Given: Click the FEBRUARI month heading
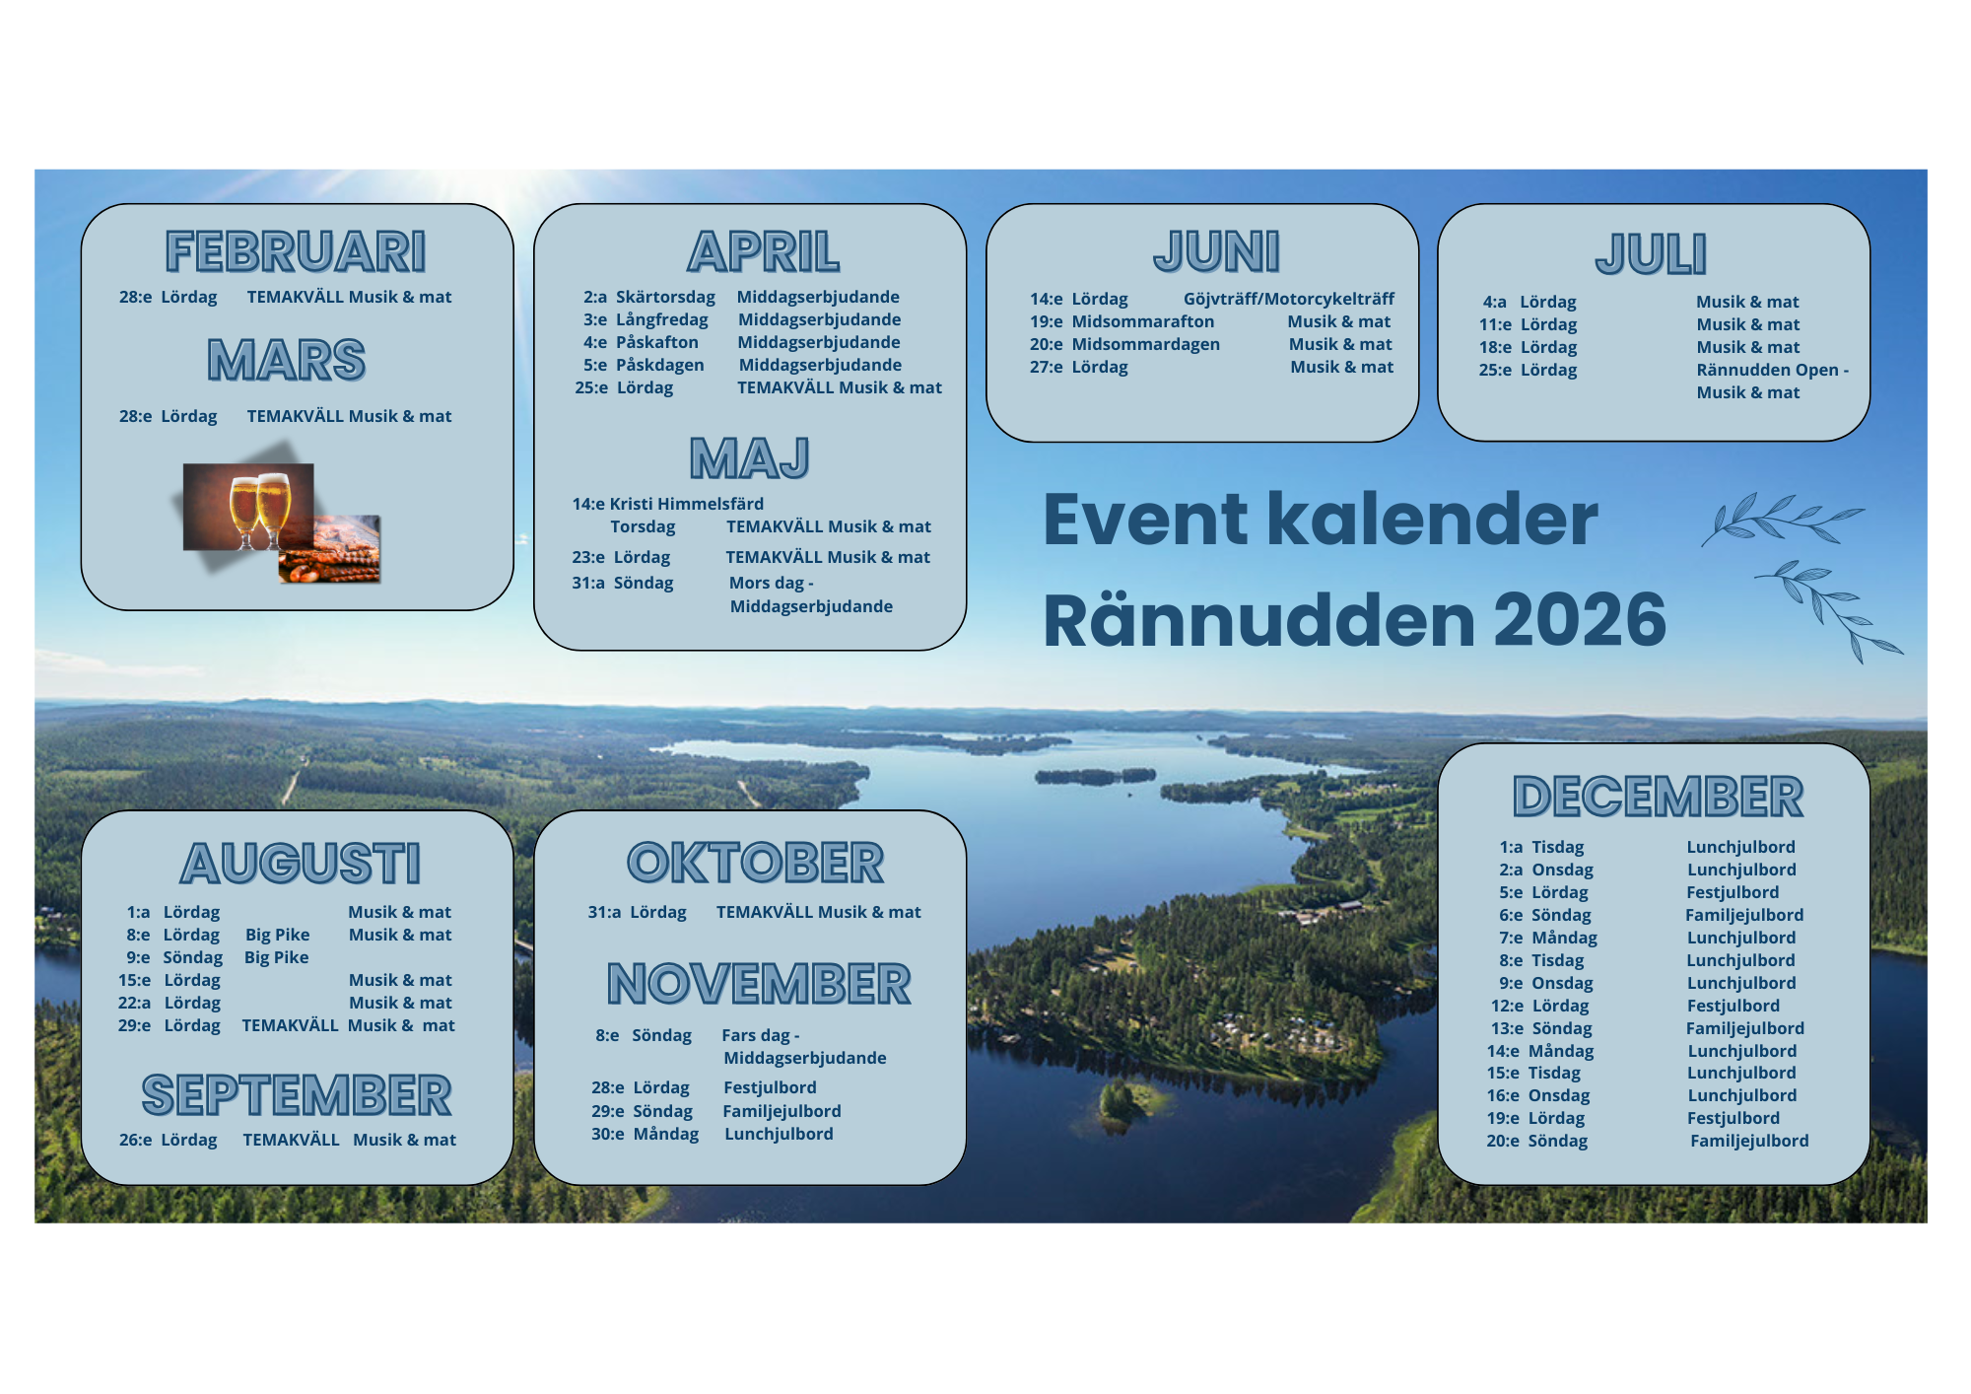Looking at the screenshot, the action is click(x=296, y=251).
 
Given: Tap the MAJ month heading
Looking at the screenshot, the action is click(x=750, y=458).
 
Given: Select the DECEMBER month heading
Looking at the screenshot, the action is click(x=1659, y=797).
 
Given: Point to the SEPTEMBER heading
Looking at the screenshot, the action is click(x=297, y=1095).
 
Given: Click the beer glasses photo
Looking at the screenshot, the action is click(x=248, y=506).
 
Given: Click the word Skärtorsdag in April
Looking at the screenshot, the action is click(x=665, y=297).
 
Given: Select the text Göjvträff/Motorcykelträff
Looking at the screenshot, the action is click(x=1289, y=299).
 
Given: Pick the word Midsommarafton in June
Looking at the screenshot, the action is click(x=1143, y=321).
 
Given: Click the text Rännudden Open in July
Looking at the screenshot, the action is click(x=1768, y=370).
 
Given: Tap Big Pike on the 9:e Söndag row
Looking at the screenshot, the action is click(x=277, y=957).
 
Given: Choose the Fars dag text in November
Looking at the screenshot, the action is click(x=756, y=1035).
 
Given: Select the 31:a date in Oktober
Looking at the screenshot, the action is click(x=604, y=912).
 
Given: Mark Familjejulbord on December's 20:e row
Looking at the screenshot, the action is click(x=1749, y=1141).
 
